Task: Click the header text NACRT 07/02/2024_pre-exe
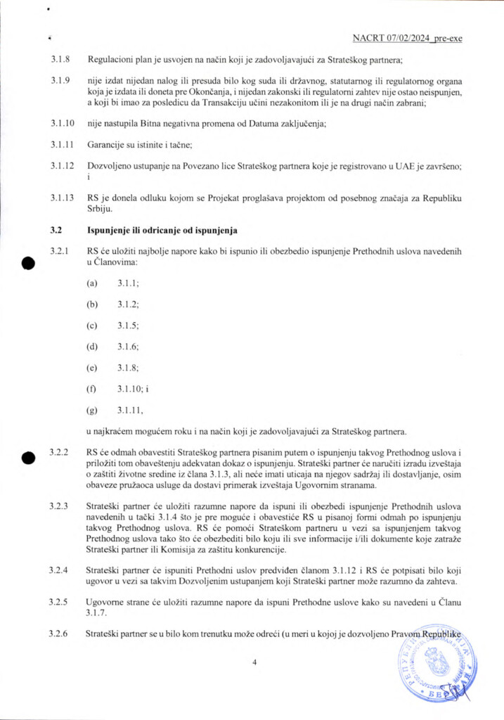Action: pos(407,38)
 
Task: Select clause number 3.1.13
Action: pos(62,198)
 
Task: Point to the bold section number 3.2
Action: pos(56,230)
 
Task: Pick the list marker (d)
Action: pos(91,347)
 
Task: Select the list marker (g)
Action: pos(91,410)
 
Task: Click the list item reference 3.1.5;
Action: pos(128,326)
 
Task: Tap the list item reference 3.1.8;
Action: pos(128,368)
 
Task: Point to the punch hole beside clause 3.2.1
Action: pos(29,263)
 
